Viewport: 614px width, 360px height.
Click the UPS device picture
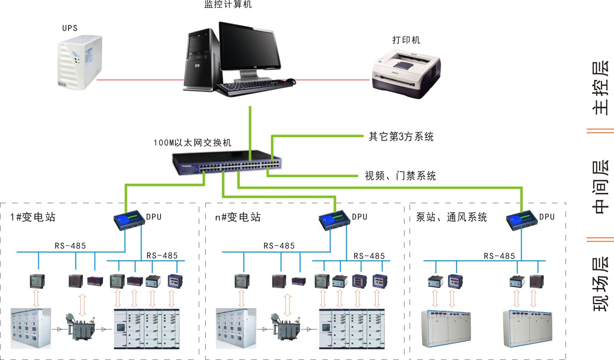[x=80, y=62]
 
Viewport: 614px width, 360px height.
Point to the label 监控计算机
[x=228, y=5]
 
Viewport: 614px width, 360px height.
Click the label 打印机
[x=406, y=40]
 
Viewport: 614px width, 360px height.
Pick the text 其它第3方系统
[x=401, y=137]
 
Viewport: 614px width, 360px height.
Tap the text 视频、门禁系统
[x=400, y=176]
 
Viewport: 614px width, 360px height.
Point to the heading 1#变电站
[x=33, y=217]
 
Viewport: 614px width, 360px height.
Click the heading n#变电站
[x=238, y=217]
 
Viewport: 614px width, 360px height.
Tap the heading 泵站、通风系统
[x=451, y=217]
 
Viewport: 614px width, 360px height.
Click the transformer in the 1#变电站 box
[x=80, y=328]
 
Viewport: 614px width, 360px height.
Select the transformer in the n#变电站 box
[x=286, y=328]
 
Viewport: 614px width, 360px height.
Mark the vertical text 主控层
[x=600, y=88]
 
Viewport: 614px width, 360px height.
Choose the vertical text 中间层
[x=600, y=186]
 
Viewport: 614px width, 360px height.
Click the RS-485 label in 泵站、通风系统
[x=499, y=256]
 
